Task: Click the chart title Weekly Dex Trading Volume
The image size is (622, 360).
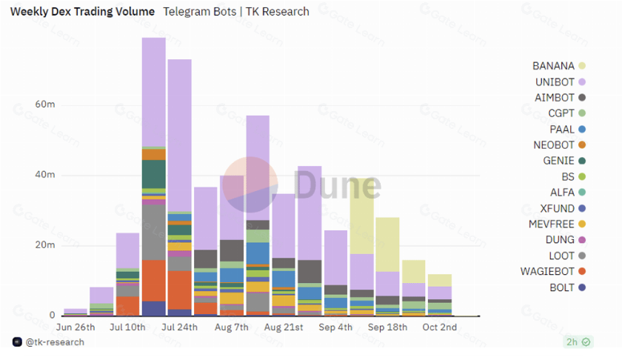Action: [82, 12]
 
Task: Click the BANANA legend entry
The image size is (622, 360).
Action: [558, 66]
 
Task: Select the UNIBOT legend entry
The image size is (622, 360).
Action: [560, 81]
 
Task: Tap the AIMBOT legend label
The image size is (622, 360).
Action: [554, 98]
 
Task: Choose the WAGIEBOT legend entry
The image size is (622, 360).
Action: [552, 272]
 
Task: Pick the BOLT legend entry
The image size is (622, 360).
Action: [567, 287]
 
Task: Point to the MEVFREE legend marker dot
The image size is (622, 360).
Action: [582, 224]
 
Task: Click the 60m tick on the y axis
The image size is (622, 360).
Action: [45, 104]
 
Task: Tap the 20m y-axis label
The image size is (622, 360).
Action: [45, 245]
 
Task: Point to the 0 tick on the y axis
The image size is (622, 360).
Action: [52, 315]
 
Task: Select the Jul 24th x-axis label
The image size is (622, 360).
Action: [179, 327]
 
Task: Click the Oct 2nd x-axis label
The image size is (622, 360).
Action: [440, 327]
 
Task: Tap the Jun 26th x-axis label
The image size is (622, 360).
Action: [76, 327]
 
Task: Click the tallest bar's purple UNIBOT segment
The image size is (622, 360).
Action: [154, 92]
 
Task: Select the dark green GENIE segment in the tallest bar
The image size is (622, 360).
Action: [154, 174]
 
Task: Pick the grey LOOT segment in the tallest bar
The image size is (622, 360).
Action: [154, 232]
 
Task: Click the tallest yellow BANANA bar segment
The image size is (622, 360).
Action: [362, 216]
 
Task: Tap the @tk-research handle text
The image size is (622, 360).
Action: [55, 342]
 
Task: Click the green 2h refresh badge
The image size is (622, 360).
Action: [578, 341]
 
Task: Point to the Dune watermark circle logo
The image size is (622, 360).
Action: [250, 184]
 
